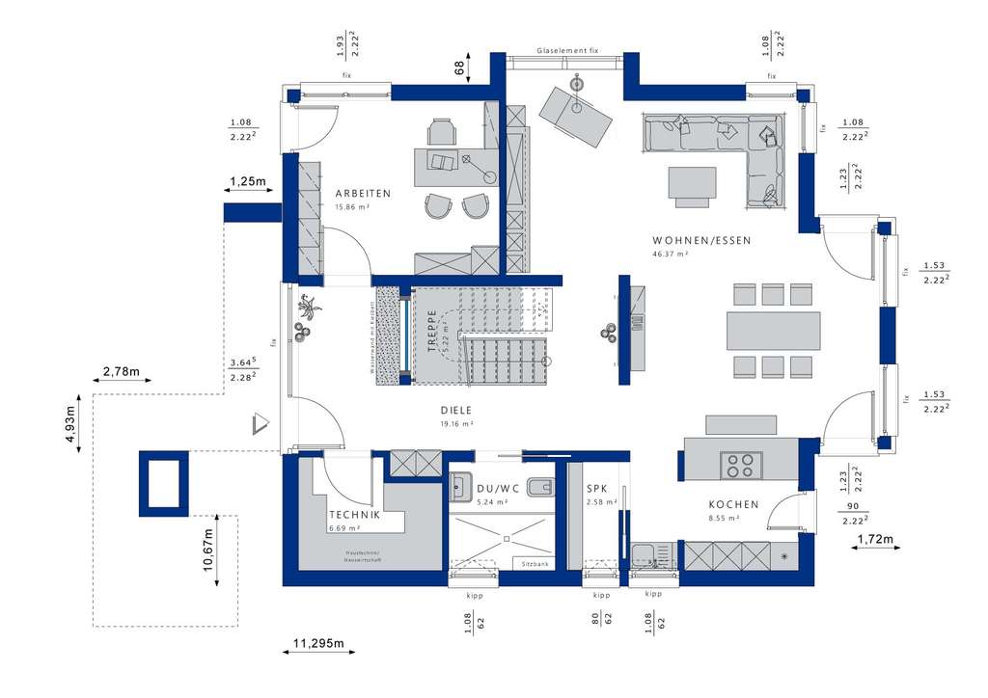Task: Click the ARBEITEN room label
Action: pyautogui.click(x=363, y=194)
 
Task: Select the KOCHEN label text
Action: pyautogui.click(x=733, y=504)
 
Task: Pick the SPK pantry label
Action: pyautogui.click(x=597, y=489)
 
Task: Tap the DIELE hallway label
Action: pyautogui.click(x=456, y=410)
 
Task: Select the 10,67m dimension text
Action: pyautogui.click(x=207, y=550)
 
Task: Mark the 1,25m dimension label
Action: pyautogui.click(x=247, y=181)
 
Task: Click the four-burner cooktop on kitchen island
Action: pyautogui.click(x=740, y=465)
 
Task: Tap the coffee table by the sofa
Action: pyautogui.click(x=693, y=183)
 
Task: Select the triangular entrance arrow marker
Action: pyautogui.click(x=260, y=423)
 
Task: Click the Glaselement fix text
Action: pyautogui.click(x=569, y=50)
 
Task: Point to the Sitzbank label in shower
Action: pyautogui.click(x=535, y=563)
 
